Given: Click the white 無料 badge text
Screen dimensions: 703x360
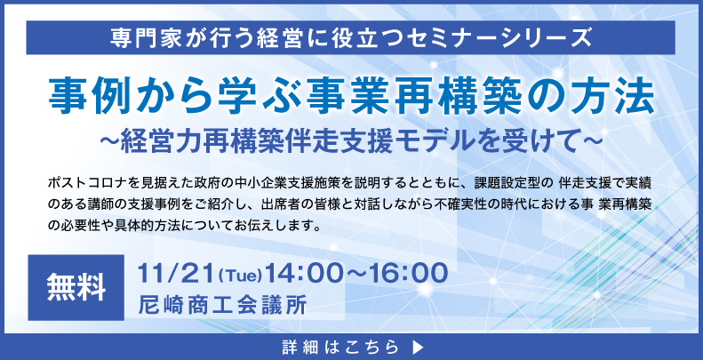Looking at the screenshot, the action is [x=76, y=287].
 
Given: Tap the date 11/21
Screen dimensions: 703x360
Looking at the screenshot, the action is [x=175, y=273].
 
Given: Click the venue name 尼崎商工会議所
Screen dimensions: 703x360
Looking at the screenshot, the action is [x=223, y=305].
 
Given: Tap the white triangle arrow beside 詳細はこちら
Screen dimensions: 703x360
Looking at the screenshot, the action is [x=417, y=347].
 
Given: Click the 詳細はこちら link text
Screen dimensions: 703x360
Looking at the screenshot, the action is [x=340, y=347].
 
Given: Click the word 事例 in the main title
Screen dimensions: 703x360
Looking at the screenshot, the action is [x=81, y=96].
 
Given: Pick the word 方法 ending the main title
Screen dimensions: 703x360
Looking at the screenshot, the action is [x=620, y=96].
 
